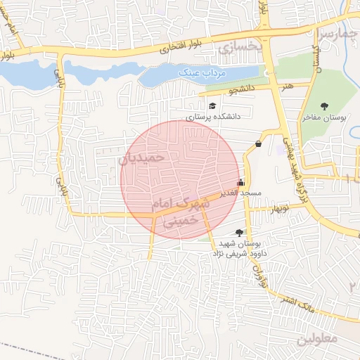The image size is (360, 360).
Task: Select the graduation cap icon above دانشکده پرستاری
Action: tap(212, 106)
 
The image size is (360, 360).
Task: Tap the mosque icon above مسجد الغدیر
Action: tap(242, 182)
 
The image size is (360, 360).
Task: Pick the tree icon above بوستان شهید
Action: tap(240, 232)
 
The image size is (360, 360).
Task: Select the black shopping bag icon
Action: tap(259, 144)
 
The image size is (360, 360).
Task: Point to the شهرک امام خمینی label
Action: tap(184, 212)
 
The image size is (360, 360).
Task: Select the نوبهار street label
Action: tap(274, 208)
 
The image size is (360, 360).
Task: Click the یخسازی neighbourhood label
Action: tap(239, 47)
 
